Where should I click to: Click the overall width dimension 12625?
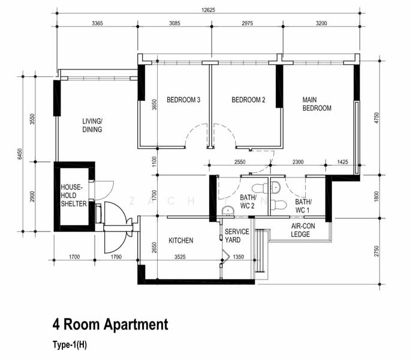click(x=208, y=10)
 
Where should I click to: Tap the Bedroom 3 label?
click(x=183, y=100)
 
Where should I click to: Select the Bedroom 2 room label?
click(x=248, y=100)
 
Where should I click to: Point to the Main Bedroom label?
click(x=316, y=104)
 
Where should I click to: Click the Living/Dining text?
click(x=92, y=125)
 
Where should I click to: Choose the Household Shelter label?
click(x=74, y=196)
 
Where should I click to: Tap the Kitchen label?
click(x=180, y=241)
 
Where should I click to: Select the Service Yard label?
click(x=237, y=236)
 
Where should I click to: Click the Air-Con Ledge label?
click(x=303, y=230)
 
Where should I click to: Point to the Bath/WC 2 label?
click(x=248, y=202)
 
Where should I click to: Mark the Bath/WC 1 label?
click(x=303, y=206)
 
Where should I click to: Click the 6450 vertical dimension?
click(x=20, y=154)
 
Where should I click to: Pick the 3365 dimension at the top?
click(x=97, y=23)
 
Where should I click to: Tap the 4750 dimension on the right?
click(x=376, y=118)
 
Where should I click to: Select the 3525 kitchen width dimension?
click(x=180, y=257)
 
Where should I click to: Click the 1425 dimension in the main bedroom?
click(x=342, y=162)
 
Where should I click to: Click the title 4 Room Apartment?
click(x=110, y=325)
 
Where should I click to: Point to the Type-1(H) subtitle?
click(x=70, y=344)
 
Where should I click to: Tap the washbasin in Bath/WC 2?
click(x=228, y=211)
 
